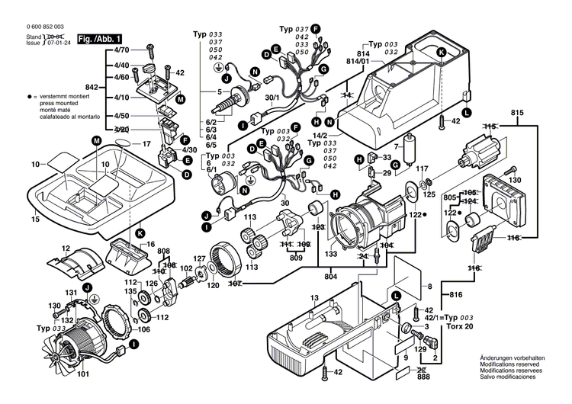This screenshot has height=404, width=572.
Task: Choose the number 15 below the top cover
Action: pyautogui.click(x=35, y=220)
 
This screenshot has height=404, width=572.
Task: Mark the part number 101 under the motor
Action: pyautogui.click(x=83, y=374)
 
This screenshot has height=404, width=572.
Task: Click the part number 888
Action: pyautogui.click(x=423, y=377)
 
